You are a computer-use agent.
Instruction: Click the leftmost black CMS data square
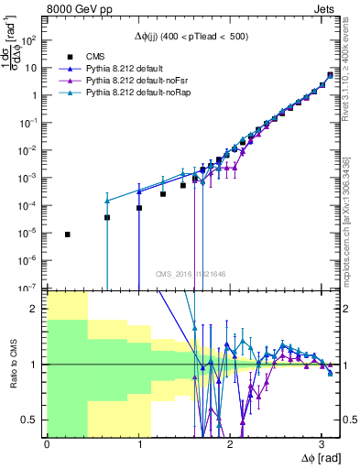pyautogui.click(x=68, y=234)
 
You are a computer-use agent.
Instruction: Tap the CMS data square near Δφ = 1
pyautogui.click(x=139, y=208)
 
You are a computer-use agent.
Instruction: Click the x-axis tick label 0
pyautogui.click(x=47, y=442)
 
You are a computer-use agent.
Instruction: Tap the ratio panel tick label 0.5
pyautogui.click(x=33, y=420)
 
